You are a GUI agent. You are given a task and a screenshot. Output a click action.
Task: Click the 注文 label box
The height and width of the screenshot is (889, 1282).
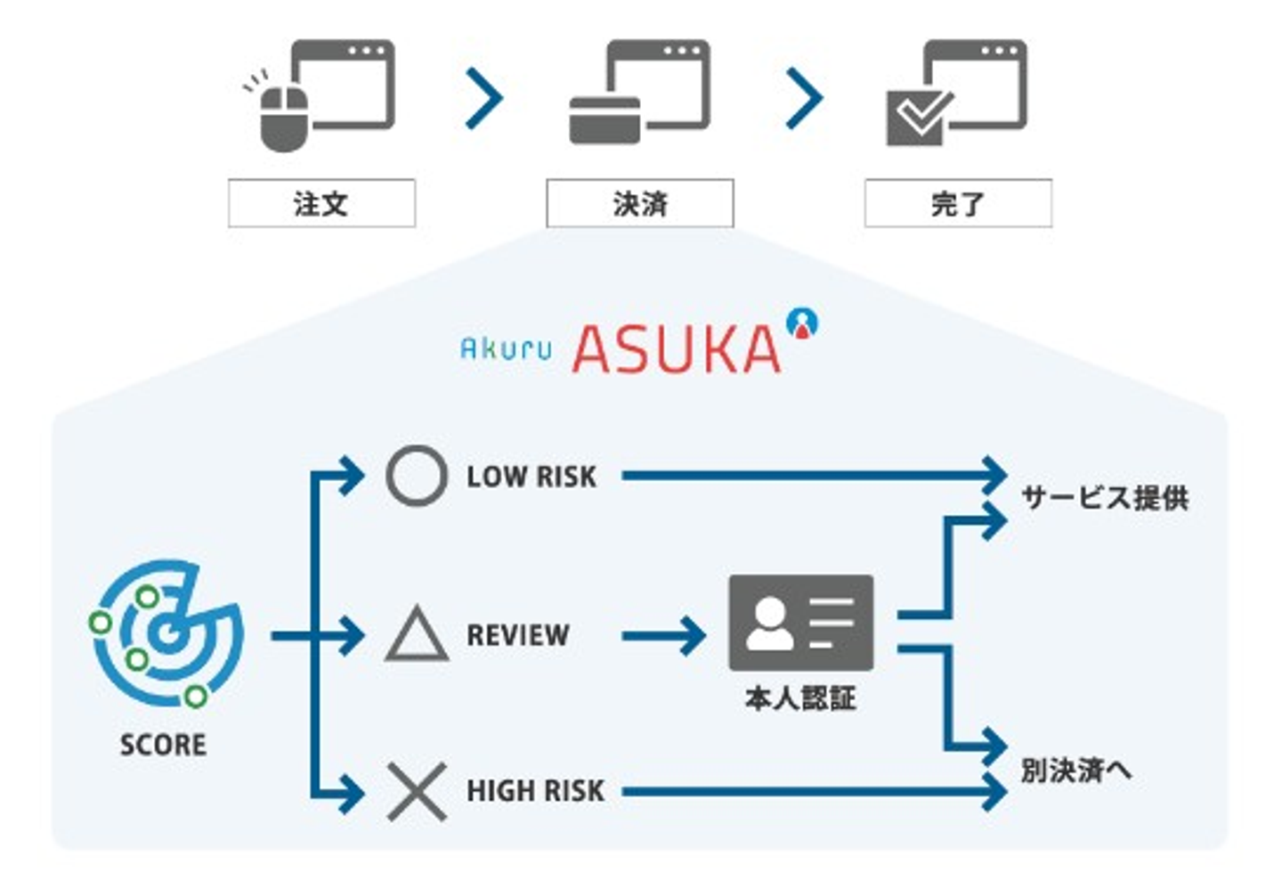[321, 204]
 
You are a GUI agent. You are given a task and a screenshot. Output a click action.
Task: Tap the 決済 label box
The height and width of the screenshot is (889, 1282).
[639, 204]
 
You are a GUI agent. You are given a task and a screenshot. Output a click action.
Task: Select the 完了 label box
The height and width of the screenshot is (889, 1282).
[958, 204]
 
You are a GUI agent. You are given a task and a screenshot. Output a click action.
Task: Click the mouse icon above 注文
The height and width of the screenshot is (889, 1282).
[283, 118]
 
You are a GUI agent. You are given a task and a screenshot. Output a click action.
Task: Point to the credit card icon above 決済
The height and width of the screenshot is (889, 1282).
[604, 119]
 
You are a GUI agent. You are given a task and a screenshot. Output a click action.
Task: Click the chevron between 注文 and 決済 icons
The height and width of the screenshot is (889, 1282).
[485, 97]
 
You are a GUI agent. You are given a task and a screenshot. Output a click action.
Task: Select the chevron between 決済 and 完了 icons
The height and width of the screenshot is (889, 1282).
[805, 97]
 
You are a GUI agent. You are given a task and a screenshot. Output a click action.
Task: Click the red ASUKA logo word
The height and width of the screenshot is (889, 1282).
[677, 348]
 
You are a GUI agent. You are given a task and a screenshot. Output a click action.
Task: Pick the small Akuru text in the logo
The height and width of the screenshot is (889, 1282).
[506, 348]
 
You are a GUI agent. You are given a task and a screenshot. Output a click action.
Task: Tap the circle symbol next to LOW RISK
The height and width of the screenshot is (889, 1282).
[416, 477]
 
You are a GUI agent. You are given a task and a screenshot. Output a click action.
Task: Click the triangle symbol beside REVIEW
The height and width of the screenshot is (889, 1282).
[416, 635]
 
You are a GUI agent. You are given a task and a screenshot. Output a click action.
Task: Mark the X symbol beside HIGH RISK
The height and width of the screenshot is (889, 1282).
[416, 791]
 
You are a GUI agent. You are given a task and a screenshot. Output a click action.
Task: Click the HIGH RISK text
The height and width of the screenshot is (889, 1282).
[535, 791]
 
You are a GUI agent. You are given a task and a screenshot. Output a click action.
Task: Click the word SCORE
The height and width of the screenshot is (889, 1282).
[163, 745]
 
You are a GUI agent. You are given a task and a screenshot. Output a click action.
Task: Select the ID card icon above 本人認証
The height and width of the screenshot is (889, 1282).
[800, 623]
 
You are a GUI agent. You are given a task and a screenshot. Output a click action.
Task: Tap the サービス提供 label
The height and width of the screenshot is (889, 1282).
[1104, 498]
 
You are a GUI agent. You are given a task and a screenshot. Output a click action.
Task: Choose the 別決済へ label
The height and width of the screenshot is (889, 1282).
[1075, 770]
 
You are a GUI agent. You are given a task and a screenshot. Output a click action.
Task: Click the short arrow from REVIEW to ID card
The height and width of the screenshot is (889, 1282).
[663, 636]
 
